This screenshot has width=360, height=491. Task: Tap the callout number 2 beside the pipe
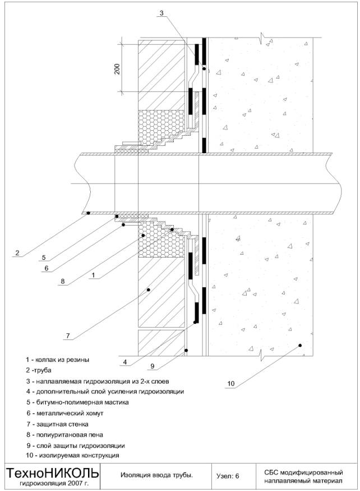coord(17,253)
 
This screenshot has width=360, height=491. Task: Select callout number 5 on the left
coord(43,258)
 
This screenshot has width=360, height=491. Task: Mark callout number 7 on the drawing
coord(67,336)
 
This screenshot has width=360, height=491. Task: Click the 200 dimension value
coord(117,68)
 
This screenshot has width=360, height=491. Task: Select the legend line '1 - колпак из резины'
coord(57,360)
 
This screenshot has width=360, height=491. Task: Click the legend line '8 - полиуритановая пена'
coord(64,434)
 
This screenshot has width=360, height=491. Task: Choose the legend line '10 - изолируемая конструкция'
coord(72,455)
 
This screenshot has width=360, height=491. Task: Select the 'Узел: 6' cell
coord(228,476)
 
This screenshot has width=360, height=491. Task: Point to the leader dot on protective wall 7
coord(149,290)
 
